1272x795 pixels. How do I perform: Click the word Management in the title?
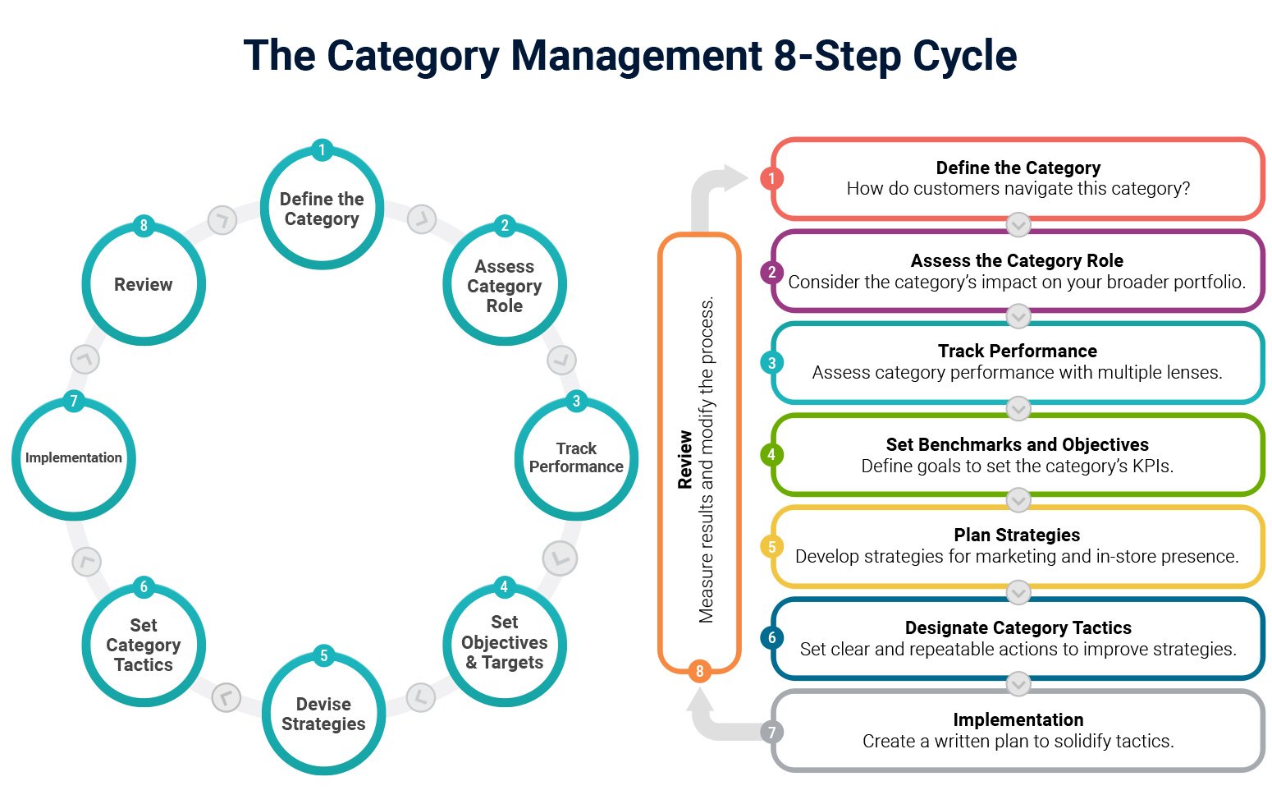[x=636, y=56]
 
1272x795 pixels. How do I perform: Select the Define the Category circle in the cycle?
[x=322, y=209]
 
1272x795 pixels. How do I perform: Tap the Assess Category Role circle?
[x=504, y=286]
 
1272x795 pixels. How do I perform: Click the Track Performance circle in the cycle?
[x=576, y=458]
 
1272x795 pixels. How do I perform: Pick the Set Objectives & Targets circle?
[x=504, y=642]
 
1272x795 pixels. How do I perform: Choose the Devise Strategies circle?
[x=323, y=714]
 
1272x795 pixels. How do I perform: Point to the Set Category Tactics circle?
[x=144, y=645]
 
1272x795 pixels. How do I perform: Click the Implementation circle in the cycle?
[x=74, y=458]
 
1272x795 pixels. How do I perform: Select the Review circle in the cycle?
[x=144, y=285]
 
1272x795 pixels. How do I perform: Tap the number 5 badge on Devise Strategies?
[x=323, y=655]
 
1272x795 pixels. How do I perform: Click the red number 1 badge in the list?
[x=771, y=178]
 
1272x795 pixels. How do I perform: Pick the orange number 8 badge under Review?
[x=699, y=671]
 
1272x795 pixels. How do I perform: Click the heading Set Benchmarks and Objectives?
[x=1017, y=444]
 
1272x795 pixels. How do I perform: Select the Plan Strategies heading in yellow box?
[x=1017, y=535]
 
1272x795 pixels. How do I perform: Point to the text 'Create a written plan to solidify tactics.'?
[x=1018, y=741]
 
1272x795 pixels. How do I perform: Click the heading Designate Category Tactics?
[x=1018, y=627]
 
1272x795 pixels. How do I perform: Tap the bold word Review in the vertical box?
[x=685, y=460]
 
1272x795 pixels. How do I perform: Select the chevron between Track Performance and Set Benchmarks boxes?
[x=1018, y=408]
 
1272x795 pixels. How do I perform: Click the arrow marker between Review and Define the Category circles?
[x=222, y=220]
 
